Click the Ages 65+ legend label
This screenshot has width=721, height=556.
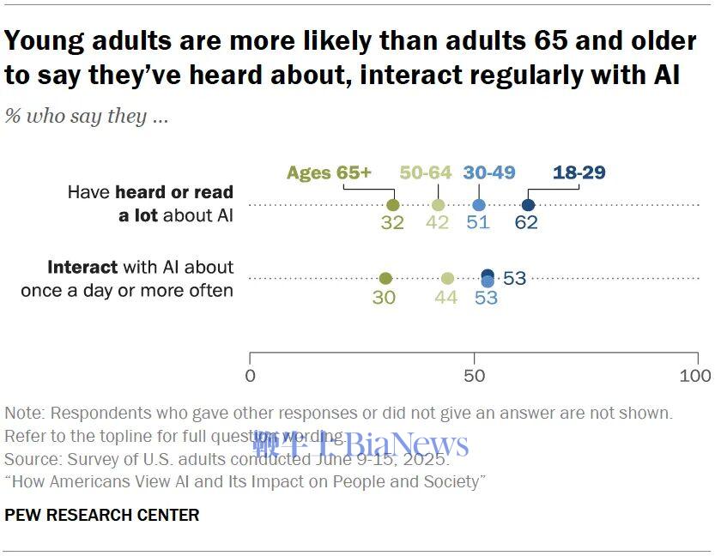coord(329,172)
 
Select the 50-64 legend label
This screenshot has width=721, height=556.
coord(426,172)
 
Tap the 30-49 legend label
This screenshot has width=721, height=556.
coord(488,172)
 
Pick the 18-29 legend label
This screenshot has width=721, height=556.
coord(579,172)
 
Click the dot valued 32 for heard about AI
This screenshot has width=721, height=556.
coord(393,205)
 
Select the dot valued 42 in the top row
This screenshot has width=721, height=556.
coord(439,205)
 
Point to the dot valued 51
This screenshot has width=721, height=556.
coord(479,205)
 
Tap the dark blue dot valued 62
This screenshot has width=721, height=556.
coord(528,205)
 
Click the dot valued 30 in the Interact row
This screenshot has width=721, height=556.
coord(385,278)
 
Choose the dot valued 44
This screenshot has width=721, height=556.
coord(447,278)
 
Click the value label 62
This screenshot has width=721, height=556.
coord(528,222)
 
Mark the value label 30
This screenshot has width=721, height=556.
coord(385,297)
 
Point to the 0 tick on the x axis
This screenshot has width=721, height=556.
coord(250,376)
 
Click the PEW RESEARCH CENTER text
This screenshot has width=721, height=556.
coord(101,515)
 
